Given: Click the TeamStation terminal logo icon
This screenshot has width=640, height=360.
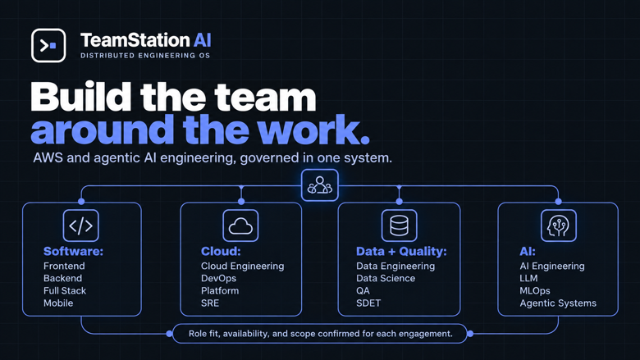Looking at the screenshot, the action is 48,45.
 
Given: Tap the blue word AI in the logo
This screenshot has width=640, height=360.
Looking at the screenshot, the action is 202,40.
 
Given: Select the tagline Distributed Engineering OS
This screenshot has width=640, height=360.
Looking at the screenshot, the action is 145,56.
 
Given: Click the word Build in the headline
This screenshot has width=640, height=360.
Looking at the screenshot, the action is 81,97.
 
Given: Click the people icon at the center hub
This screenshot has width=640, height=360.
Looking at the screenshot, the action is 320,185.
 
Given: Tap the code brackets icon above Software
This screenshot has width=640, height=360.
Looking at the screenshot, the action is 80,226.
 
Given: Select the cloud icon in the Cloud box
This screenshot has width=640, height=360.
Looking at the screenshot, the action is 240,226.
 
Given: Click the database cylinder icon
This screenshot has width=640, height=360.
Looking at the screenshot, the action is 400,226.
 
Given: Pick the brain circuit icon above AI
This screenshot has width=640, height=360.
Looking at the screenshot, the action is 559,226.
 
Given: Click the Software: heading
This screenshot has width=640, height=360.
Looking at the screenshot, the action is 74,251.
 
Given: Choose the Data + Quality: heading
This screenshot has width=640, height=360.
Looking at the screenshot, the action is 401,251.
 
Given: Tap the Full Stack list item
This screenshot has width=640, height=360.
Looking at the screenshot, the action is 65,290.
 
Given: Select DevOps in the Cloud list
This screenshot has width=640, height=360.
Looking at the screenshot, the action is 218,279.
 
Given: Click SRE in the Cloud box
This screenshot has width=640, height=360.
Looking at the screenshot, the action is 210,303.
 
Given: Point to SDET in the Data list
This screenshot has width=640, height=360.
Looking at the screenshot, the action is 368,303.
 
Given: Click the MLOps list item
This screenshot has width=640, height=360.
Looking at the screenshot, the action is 535,290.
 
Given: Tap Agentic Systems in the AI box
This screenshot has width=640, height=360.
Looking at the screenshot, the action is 558,303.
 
